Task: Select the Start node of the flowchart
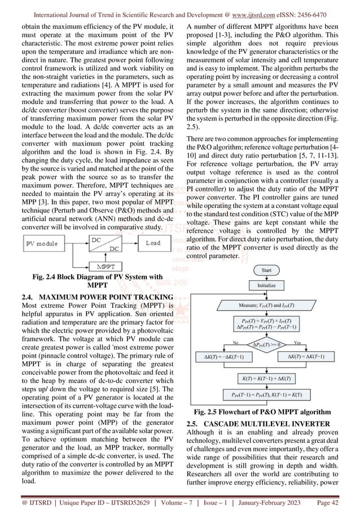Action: [x=267, y=271]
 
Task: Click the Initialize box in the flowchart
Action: [x=267, y=286]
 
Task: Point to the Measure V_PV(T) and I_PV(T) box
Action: [x=267, y=305]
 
